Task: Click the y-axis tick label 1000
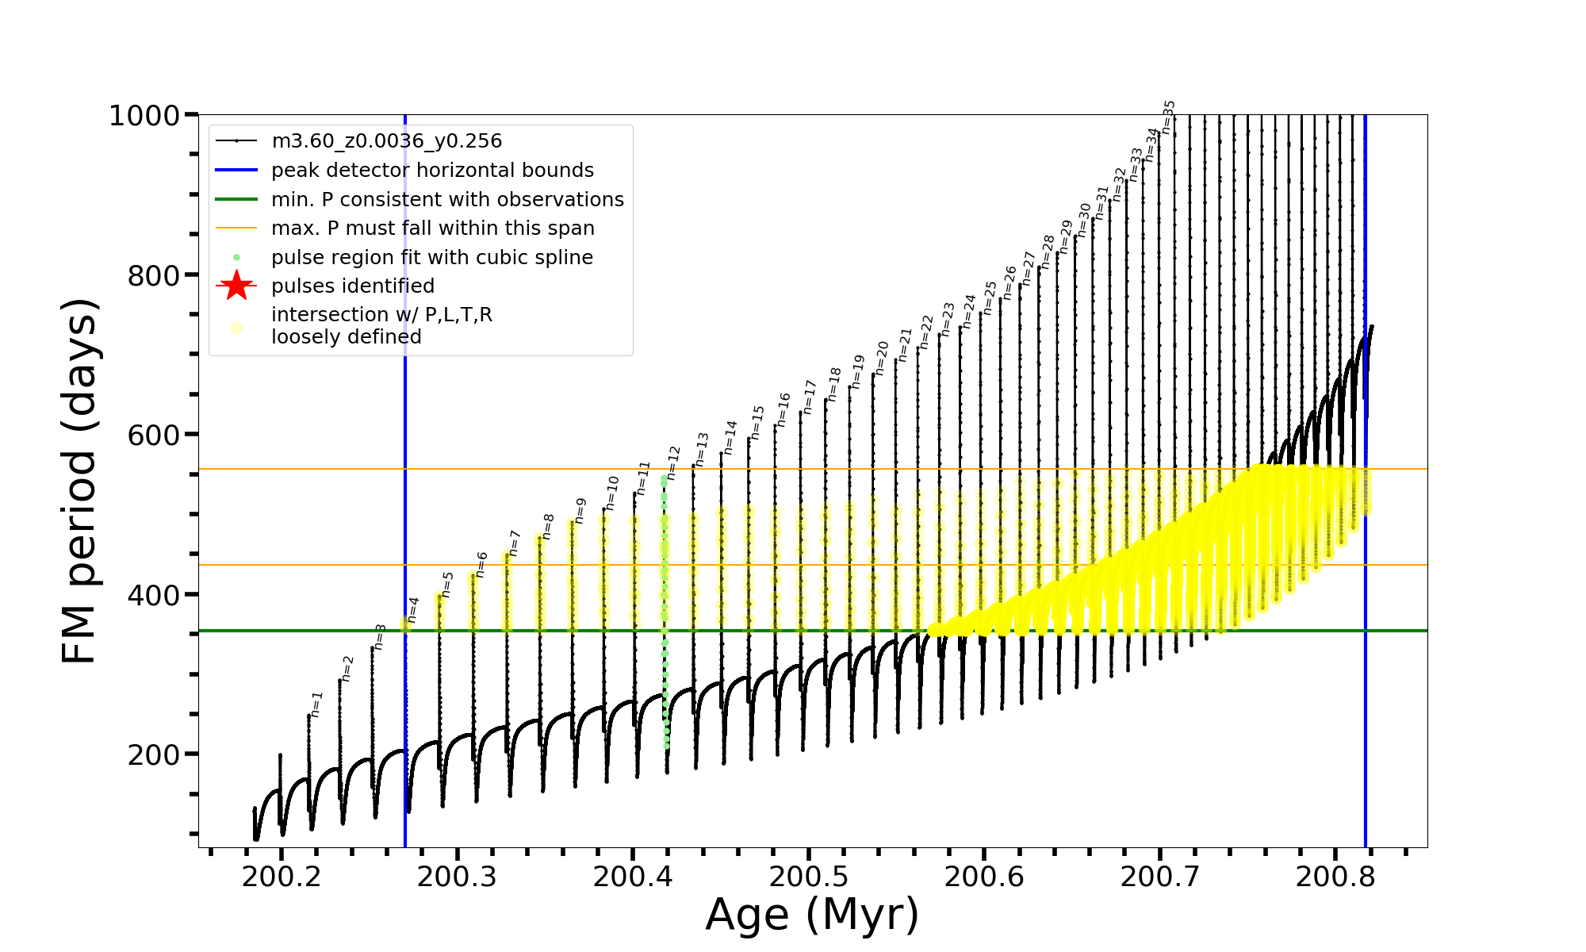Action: click(144, 116)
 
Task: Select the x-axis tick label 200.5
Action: click(808, 877)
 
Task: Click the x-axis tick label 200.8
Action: click(1335, 877)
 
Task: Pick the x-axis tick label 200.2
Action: click(282, 877)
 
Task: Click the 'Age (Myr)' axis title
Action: click(812, 915)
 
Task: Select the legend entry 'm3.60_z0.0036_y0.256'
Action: click(386, 141)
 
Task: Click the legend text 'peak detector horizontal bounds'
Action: click(432, 171)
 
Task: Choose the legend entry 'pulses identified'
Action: click(352, 286)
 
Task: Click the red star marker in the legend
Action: click(236, 286)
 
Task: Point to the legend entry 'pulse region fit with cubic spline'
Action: click(431, 258)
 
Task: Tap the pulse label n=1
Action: click(316, 704)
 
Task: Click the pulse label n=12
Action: click(673, 463)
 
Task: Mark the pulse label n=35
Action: click(1168, 117)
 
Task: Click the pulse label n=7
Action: click(514, 543)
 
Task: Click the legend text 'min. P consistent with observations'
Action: click(447, 200)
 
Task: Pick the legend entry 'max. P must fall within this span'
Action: click(432, 228)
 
